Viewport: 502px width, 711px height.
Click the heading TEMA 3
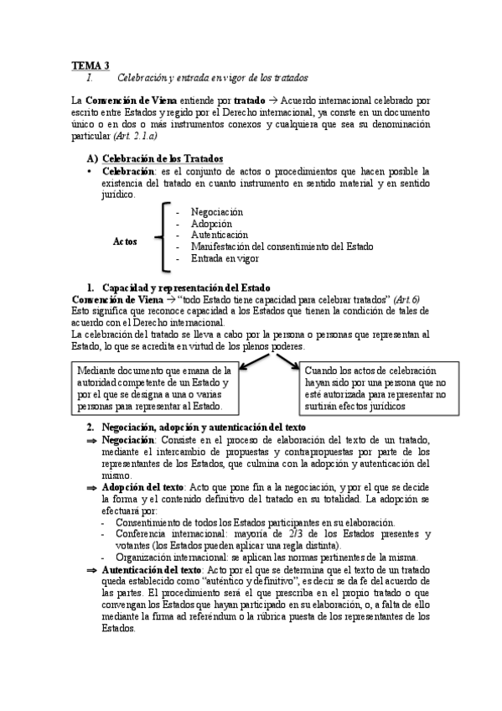90,65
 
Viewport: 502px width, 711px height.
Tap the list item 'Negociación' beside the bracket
216,212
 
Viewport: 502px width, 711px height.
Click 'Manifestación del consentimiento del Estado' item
282,247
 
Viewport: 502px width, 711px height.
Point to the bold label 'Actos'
125,241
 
